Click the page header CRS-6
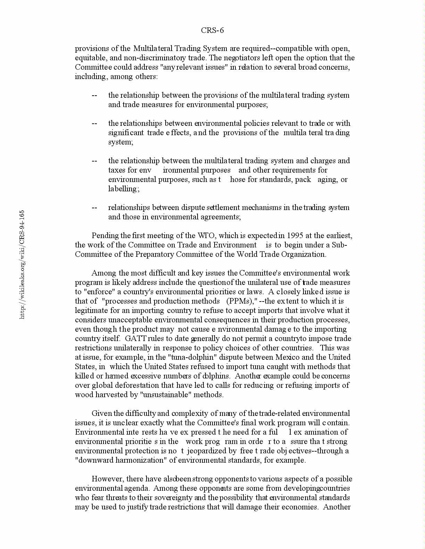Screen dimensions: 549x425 click(x=212, y=31)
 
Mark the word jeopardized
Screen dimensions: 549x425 click(x=205, y=451)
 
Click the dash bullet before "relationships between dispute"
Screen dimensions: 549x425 click(x=94, y=208)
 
